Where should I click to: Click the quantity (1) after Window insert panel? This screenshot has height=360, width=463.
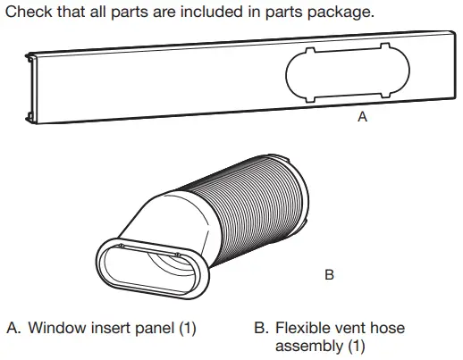(x=187, y=328)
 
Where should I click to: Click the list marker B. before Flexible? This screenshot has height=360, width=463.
(x=261, y=328)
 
